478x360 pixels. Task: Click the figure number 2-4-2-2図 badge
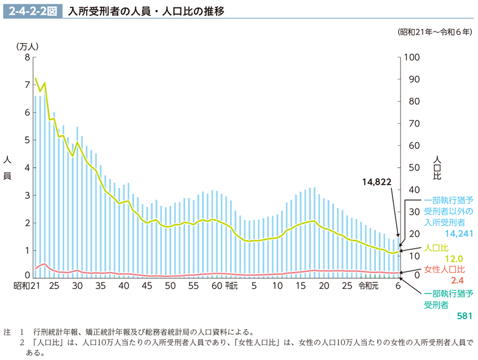click(x=33, y=11)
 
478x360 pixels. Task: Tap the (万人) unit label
click(x=27, y=46)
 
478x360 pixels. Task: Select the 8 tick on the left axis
click(x=26, y=57)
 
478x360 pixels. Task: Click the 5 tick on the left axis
click(x=26, y=140)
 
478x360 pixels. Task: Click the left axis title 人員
click(x=7, y=167)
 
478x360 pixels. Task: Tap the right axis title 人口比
click(x=438, y=167)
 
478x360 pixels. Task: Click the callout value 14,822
click(x=376, y=182)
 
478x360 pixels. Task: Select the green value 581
click(x=463, y=316)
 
